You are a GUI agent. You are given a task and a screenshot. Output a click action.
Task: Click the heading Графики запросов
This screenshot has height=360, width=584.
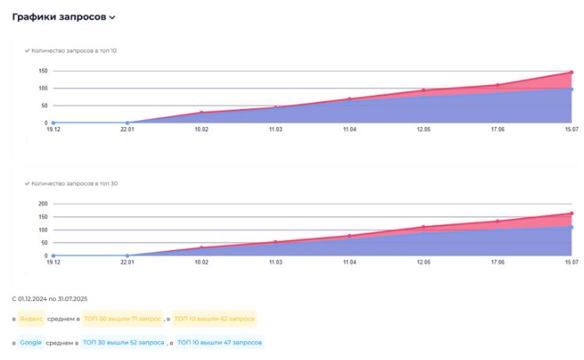[x=59, y=16]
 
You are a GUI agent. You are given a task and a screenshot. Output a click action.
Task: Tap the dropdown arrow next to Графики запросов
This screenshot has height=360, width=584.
[x=113, y=17]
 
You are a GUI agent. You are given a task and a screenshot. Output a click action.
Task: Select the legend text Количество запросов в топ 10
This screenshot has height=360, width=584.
[x=74, y=51]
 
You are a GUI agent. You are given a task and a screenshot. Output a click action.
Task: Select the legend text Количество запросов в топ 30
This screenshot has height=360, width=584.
[x=74, y=184]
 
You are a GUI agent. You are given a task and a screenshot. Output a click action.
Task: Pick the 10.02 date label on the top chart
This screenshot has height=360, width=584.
[x=200, y=132]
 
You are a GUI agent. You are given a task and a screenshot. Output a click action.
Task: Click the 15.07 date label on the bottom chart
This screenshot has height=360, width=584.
[x=570, y=263]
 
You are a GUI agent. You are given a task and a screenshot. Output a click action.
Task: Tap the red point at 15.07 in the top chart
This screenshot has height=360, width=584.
[x=571, y=72]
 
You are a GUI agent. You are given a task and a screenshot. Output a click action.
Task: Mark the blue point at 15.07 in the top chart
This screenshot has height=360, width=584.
[x=571, y=89]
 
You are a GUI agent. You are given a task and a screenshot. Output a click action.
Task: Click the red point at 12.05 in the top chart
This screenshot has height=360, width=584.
[x=423, y=90]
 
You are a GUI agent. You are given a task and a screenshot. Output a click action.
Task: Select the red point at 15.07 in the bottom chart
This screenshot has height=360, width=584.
[x=571, y=214]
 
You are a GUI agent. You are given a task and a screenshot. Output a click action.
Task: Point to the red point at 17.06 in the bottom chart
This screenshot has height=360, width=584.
[x=497, y=221]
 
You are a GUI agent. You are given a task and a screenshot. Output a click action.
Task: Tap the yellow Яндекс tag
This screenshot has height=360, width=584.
[x=32, y=319]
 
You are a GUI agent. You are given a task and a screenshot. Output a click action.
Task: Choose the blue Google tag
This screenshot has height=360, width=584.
[x=31, y=342]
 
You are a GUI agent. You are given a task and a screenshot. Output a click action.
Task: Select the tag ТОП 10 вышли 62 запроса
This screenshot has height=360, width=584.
[x=214, y=319]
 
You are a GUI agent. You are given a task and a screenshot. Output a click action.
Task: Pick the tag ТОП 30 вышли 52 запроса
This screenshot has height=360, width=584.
[x=123, y=342]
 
